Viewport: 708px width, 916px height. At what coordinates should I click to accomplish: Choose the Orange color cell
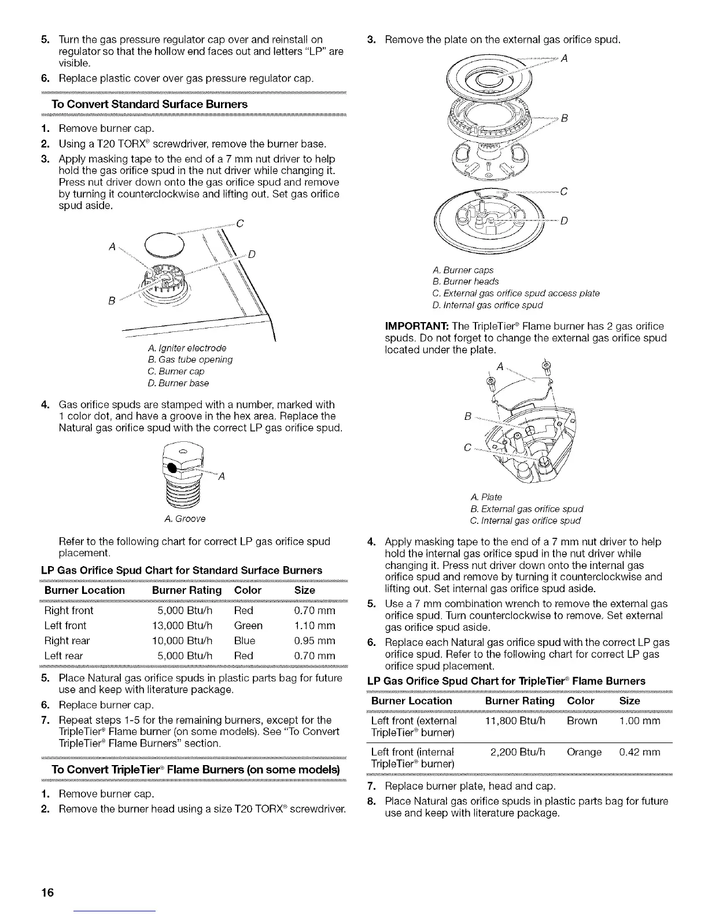584,752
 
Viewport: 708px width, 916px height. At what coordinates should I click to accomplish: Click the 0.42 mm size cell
639,752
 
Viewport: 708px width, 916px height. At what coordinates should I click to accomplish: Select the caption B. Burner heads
465,282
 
